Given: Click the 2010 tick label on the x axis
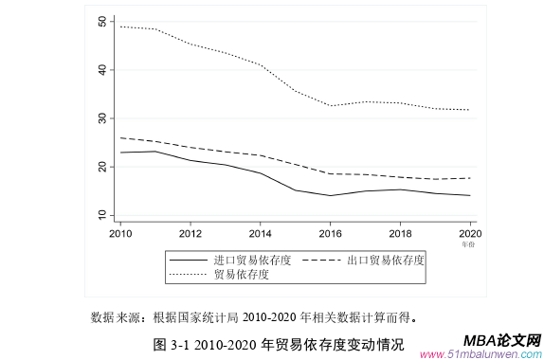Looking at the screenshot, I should pos(120,233).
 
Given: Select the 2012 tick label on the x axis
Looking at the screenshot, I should pos(190,233).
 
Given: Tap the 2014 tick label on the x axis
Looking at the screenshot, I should pos(260,233).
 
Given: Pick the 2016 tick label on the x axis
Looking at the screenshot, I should pos(329,233).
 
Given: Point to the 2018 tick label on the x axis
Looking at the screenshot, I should pos(399,233).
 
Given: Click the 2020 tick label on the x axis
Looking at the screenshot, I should pos(468,233).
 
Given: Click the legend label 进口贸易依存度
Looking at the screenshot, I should pos(252,260).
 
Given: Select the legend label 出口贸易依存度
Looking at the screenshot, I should pos(386,260).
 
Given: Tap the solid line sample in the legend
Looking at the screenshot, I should pos(188,260).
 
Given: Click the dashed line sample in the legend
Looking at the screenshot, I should pos(321,260).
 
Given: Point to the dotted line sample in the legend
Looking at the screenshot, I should pos(188,275).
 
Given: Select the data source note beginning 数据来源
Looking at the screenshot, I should pos(253,316).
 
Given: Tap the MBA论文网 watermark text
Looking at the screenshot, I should pos(502,340).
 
